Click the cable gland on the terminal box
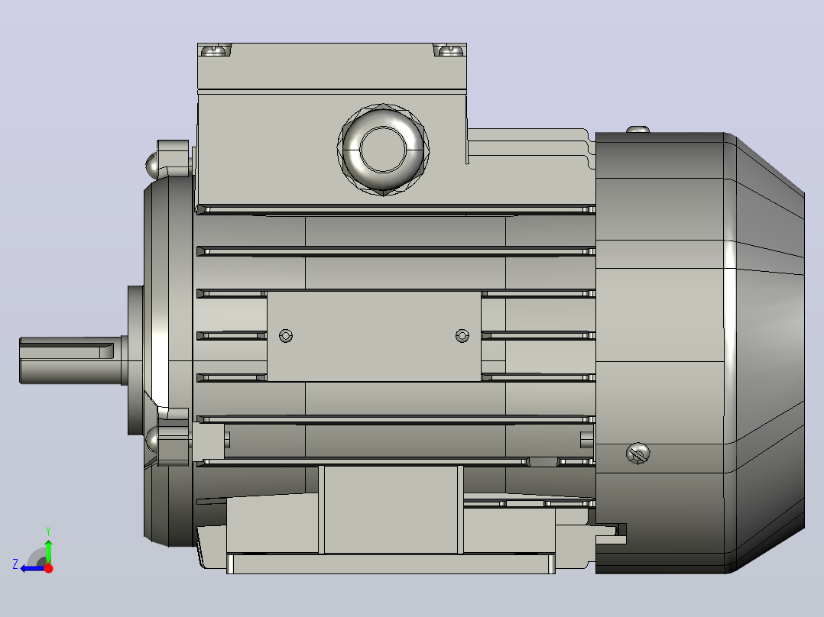pyautogui.click(x=383, y=150)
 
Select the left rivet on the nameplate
pyautogui.click(x=286, y=335)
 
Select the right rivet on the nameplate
pyautogui.click(x=462, y=335)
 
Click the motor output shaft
pyautogui.click(x=71, y=360)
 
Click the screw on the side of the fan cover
pyautogui.click(x=638, y=453)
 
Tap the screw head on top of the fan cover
pyautogui.click(x=638, y=129)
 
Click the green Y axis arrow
pyautogui.click(x=48, y=549)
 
